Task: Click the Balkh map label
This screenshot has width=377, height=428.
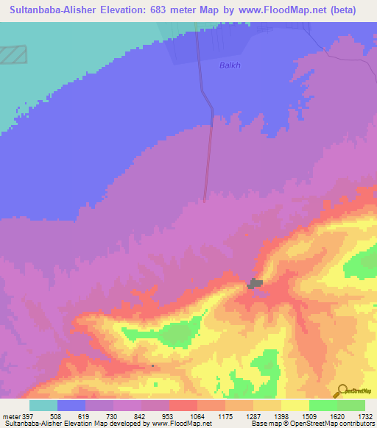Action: (x=230, y=65)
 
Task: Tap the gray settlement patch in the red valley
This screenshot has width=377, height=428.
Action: (x=256, y=283)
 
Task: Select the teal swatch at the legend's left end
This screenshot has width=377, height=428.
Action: (x=43, y=405)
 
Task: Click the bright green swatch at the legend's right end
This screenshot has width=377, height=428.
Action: (x=351, y=405)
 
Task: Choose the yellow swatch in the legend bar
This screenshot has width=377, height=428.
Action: (x=295, y=405)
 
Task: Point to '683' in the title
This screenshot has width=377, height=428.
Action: (x=176, y=10)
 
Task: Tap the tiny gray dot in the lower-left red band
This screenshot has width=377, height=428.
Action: (x=152, y=365)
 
